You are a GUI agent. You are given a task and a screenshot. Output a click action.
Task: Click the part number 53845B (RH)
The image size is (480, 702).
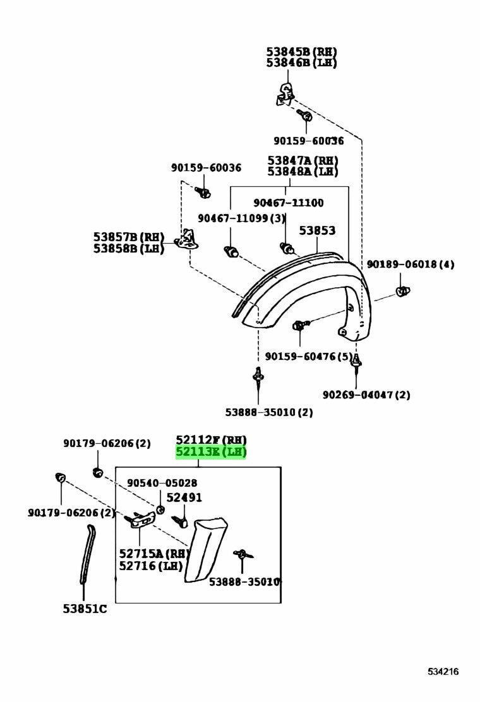pos(301,52)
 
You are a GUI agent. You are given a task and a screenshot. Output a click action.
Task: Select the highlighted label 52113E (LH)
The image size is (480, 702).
pos(210,452)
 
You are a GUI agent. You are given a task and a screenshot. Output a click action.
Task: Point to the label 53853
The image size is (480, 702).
pos(317,231)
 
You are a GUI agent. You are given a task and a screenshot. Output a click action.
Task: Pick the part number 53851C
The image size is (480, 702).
pos(85,609)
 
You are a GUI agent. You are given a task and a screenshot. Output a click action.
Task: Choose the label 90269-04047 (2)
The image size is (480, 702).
pos(366,395)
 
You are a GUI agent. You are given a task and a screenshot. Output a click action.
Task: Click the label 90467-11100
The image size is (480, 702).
pos(289,203)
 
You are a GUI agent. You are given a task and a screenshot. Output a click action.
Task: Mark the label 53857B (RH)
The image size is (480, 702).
pos(129,237)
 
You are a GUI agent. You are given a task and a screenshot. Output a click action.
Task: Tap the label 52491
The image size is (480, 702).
pos(184,497)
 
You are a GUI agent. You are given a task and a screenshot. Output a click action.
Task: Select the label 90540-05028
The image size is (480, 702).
pos(162,483)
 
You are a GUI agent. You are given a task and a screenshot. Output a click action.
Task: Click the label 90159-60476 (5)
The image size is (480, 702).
pos(309,357)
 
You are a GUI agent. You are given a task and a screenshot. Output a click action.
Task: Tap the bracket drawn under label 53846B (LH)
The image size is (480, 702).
pos(285,93)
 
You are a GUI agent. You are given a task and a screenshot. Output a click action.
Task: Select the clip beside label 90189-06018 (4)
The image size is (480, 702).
pos(402,292)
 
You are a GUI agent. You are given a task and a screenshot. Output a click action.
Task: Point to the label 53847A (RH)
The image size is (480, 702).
pos(303,160)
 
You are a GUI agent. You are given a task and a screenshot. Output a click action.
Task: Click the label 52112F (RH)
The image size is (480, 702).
pos(211,439)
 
